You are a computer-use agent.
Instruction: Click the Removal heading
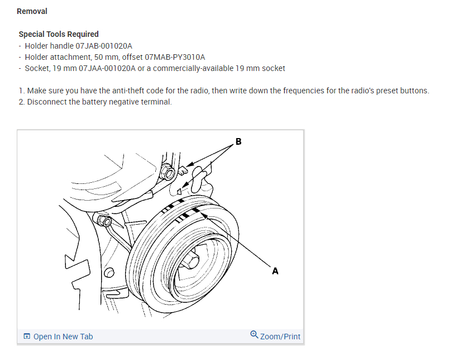[x=32, y=11]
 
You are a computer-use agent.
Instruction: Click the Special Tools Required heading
[x=59, y=34]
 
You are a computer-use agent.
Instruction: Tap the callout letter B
[x=238, y=142]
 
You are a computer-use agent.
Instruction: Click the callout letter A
[x=275, y=271]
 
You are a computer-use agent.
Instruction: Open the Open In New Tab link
[x=63, y=337]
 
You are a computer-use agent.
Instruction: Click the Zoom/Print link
[x=280, y=337]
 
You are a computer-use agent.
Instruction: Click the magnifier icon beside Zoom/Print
[x=254, y=335]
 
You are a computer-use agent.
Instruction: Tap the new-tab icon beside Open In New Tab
[x=26, y=337]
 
